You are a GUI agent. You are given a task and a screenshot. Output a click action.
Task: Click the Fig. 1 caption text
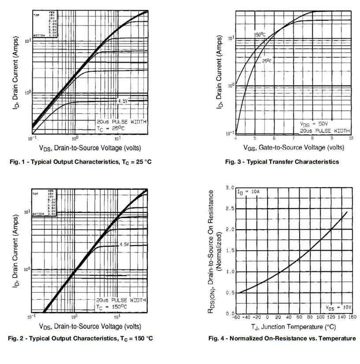click(x=80, y=162)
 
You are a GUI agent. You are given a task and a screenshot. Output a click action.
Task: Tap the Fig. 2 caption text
click(x=81, y=338)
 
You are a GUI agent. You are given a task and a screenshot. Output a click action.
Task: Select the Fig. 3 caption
click(x=282, y=162)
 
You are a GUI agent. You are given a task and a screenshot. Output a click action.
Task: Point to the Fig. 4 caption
click(x=282, y=338)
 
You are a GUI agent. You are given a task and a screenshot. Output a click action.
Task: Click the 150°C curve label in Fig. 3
click(x=260, y=34)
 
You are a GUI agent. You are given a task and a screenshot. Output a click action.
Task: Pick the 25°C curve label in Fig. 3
click(x=267, y=61)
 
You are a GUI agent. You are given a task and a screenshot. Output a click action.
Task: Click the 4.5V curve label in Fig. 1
click(x=122, y=101)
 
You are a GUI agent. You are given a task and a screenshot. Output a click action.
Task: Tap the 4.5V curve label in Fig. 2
click(x=123, y=244)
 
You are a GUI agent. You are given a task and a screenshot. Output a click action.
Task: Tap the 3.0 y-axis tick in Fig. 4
click(x=230, y=188)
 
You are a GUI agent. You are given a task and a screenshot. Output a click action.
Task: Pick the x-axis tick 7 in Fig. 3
click(x=293, y=138)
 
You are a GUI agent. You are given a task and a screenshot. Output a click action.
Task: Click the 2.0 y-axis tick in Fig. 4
click(x=230, y=230)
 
